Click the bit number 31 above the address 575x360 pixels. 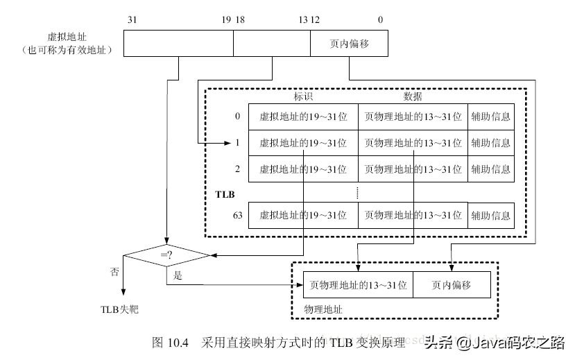[132, 19]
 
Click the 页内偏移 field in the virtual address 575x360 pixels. [349, 44]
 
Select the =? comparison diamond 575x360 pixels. [166, 255]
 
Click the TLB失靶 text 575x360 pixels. [119, 308]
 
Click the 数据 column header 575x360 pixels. [413, 96]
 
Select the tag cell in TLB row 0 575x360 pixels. [303, 117]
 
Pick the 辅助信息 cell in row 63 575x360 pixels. [490, 216]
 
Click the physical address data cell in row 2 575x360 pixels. [413, 169]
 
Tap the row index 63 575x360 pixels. [237, 216]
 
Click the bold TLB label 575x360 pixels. [225, 195]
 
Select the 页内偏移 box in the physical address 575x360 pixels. [452, 284]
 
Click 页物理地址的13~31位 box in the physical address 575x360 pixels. [358, 284]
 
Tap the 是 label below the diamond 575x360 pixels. [178, 275]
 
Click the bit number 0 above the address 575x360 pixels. [380, 19]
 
